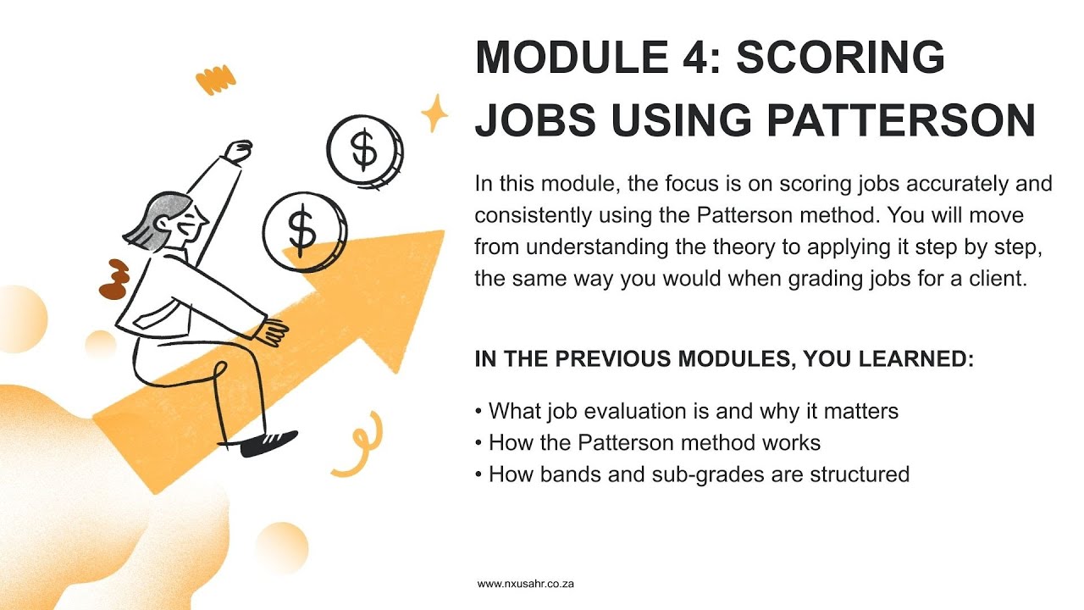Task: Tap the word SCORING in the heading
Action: coord(841,58)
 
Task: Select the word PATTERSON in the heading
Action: coord(901,120)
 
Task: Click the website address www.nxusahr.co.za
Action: coord(526,584)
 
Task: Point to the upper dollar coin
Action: coord(364,151)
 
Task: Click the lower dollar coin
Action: coord(303,229)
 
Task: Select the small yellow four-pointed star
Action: coord(435,114)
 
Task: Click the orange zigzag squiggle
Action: coord(215,80)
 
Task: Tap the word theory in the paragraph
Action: coord(734,247)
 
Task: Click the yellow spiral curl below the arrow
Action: coord(357,446)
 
